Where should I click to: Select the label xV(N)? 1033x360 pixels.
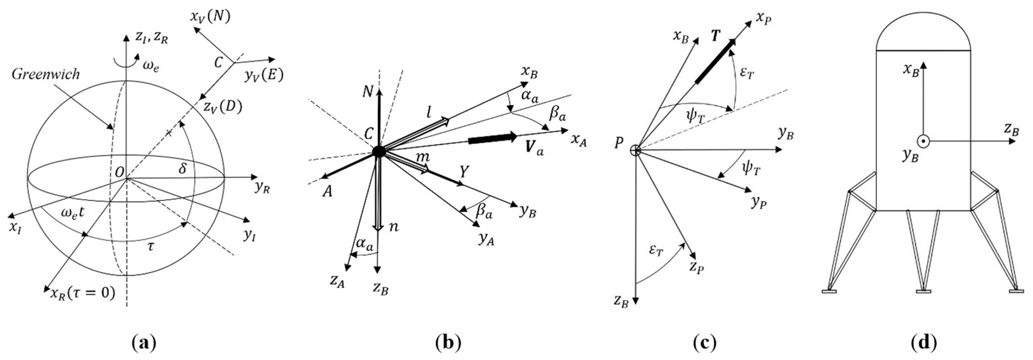tap(210, 17)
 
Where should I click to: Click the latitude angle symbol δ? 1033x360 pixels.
tap(183, 169)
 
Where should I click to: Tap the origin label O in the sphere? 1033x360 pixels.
tap(119, 172)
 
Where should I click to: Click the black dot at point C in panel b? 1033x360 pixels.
tap(379, 151)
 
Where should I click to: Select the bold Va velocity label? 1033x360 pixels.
tap(535, 148)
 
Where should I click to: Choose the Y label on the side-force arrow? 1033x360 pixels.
tap(464, 172)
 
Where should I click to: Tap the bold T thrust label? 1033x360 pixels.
tap(715, 36)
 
